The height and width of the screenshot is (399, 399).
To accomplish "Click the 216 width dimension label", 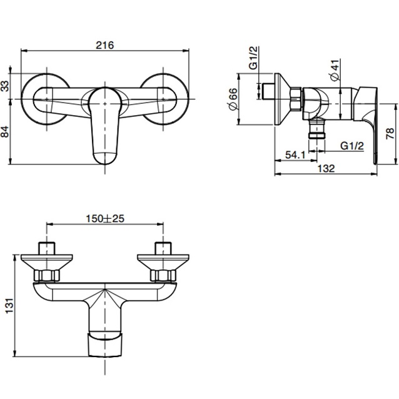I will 105,45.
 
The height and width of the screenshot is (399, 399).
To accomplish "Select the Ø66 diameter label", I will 233,100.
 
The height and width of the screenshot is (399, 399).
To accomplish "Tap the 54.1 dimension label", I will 296,154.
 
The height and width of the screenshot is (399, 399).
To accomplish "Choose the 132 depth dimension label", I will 326,169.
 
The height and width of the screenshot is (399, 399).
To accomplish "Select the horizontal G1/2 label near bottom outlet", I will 353,145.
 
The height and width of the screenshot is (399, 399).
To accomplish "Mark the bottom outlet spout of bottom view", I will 105,343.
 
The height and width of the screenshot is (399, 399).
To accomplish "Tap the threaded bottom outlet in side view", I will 318,131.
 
